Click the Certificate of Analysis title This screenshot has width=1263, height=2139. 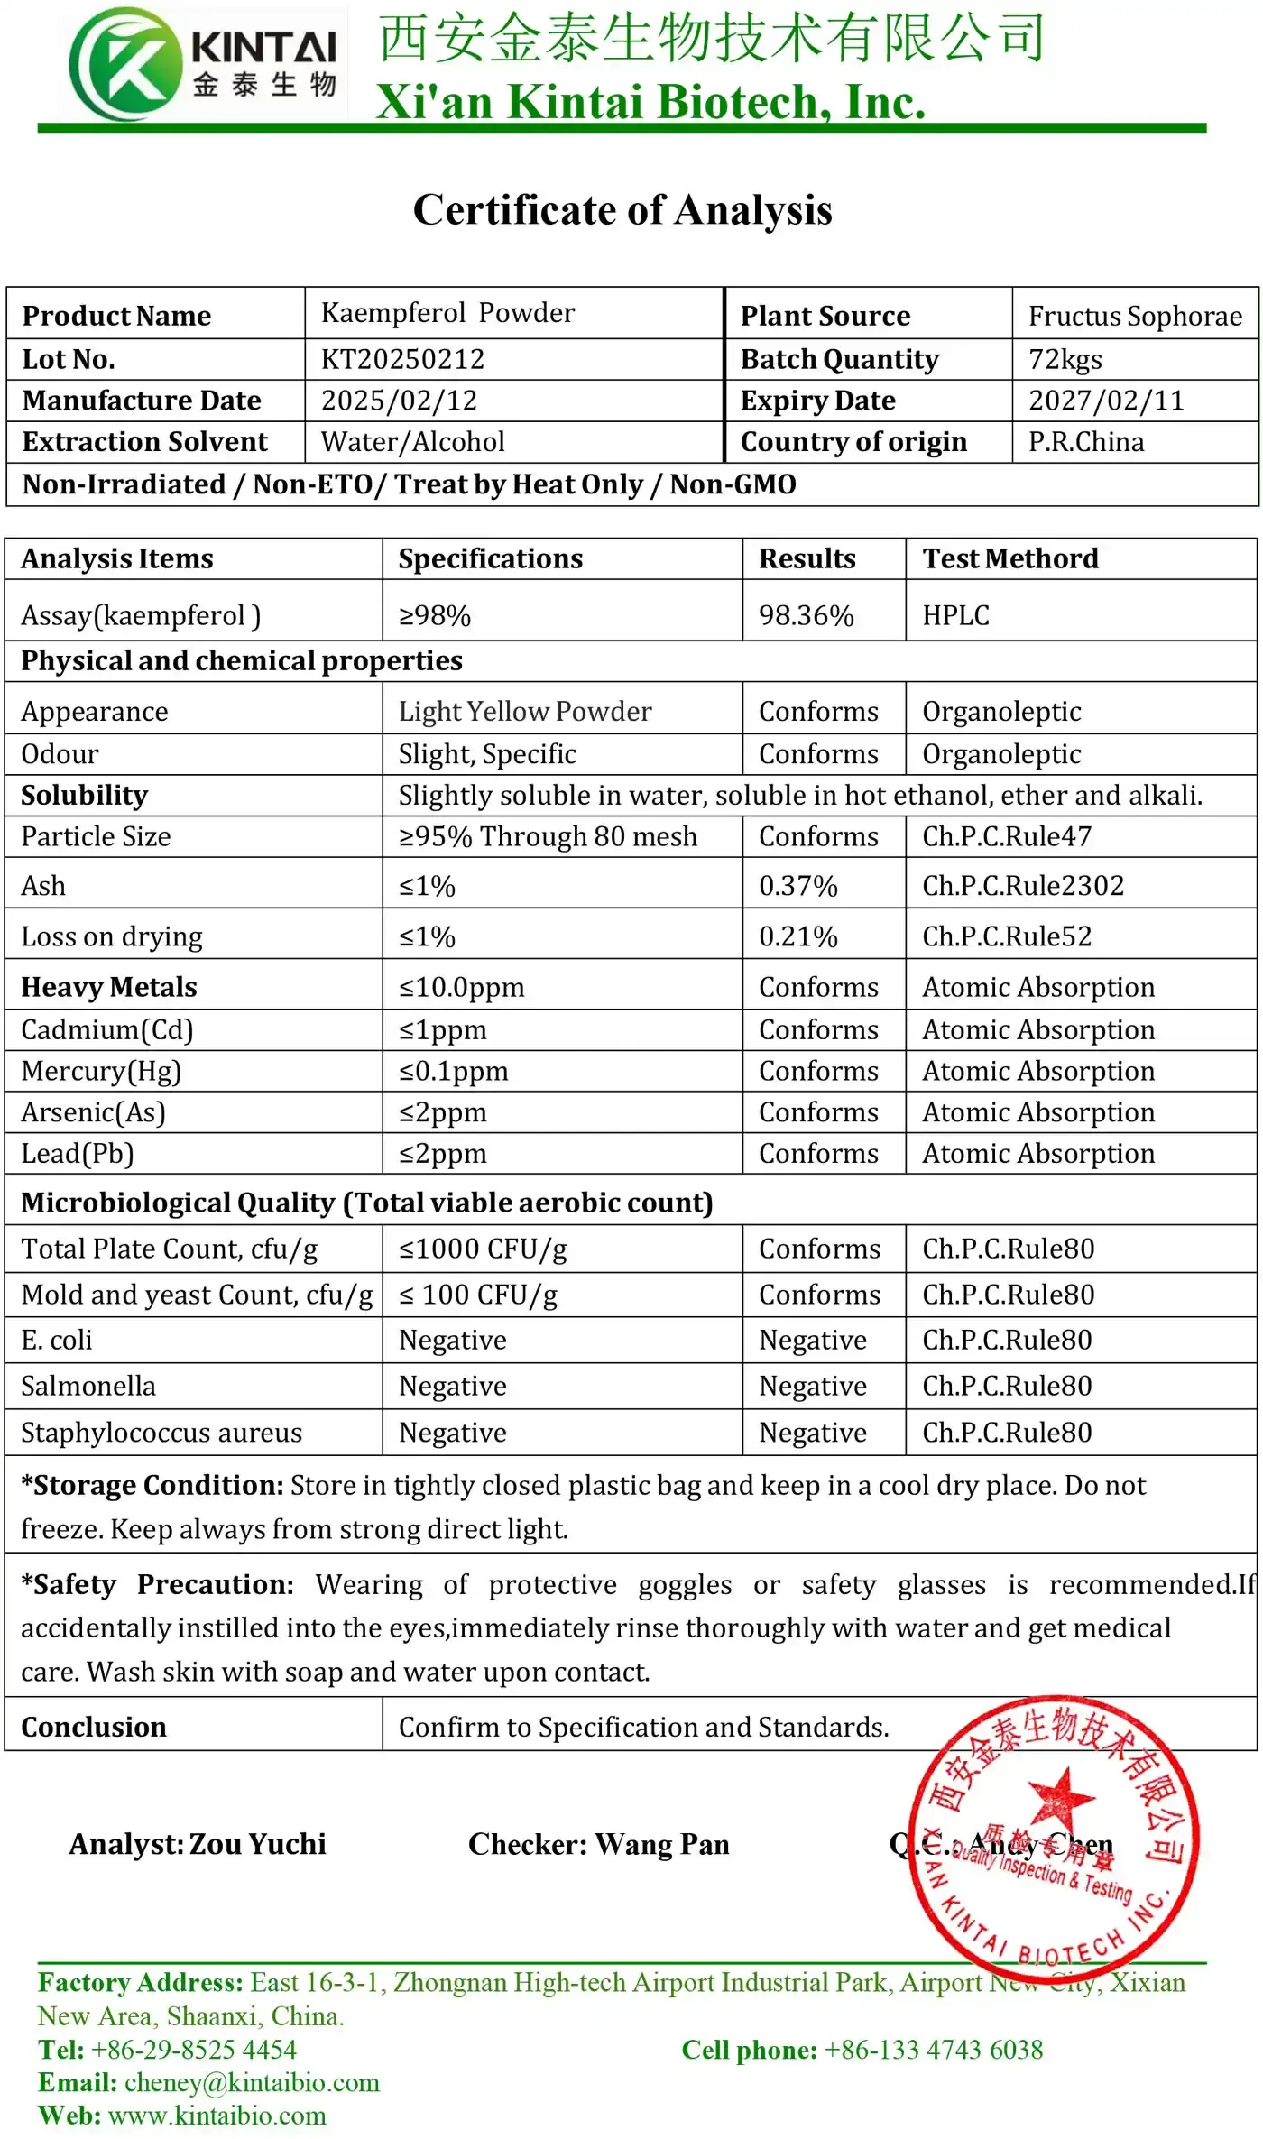(622, 210)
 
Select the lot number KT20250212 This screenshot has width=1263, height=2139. (402, 359)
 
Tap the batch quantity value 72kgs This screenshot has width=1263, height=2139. (1065, 359)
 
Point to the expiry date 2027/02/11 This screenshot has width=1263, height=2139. (1106, 401)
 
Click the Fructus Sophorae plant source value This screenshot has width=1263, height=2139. (1135, 316)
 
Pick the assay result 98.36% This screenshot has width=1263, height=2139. (806, 615)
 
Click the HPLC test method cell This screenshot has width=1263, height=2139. (955, 615)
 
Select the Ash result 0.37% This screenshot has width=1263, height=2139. (797, 886)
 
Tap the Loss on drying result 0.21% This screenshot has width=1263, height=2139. (797, 936)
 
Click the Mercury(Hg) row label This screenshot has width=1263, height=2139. (101, 1071)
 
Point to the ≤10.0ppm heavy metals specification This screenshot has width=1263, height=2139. (461, 987)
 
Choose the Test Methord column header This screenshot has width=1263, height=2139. (1010, 558)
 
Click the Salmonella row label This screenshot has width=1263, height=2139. (88, 1386)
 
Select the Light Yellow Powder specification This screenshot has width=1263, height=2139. (525, 711)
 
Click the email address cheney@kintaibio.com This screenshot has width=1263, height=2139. (252, 2082)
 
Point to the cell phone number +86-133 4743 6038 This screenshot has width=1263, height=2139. (934, 2050)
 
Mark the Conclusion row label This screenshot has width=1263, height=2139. (94, 1727)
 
